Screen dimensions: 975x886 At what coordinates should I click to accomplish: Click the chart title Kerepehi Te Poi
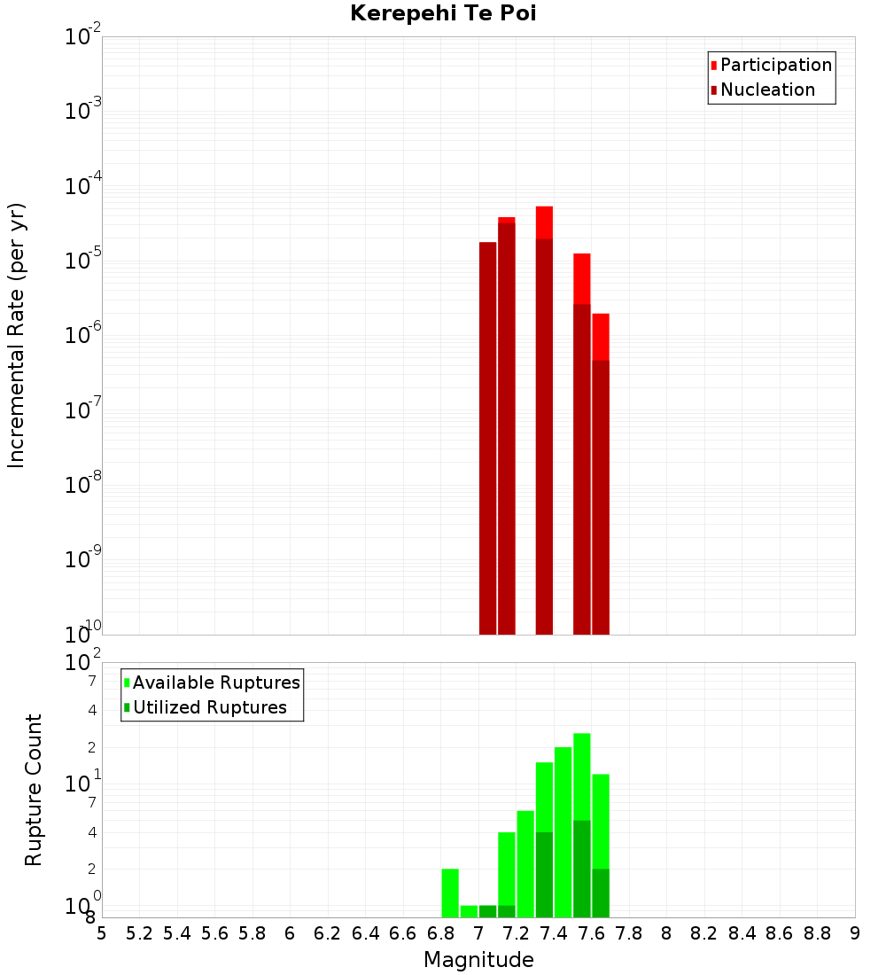(442, 13)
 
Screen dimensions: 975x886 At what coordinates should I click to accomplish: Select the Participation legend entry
(771, 65)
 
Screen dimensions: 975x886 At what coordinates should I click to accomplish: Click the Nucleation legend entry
(762, 90)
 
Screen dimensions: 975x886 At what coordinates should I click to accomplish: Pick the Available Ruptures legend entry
(212, 682)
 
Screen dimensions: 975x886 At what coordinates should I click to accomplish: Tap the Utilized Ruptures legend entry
(205, 707)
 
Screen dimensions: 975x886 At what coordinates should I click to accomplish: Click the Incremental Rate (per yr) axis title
(17, 335)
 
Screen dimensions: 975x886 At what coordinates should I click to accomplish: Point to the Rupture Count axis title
(34, 790)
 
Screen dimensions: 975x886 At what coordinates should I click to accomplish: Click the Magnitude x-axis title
(478, 960)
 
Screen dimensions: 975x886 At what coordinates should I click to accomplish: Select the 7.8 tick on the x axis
(629, 933)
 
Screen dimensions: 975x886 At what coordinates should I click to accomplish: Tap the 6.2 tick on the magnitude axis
(328, 933)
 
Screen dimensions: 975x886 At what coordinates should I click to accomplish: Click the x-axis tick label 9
(855, 933)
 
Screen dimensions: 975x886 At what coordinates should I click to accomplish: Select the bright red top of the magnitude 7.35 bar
(544, 222)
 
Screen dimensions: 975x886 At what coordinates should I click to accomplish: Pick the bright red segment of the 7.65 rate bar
(601, 337)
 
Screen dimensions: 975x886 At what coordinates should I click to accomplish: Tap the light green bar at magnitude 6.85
(450, 893)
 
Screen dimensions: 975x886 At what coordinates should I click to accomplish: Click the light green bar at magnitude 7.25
(525, 863)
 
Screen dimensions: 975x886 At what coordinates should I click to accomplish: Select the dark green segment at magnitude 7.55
(582, 869)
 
